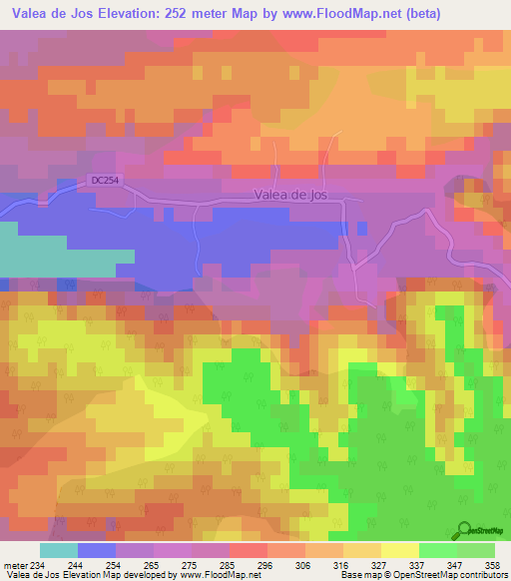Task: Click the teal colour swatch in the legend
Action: point(59,550)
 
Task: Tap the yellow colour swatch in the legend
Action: point(399,550)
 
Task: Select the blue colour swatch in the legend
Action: point(96,550)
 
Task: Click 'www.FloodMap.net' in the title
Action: point(326,13)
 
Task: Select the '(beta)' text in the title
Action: point(416,13)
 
